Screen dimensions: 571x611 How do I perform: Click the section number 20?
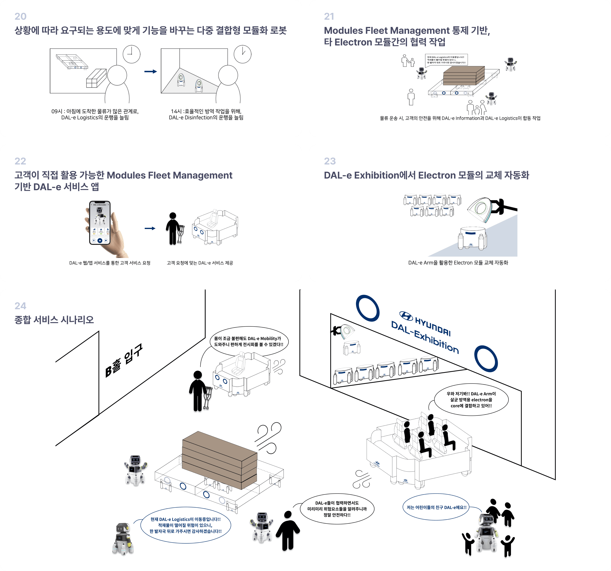pyautogui.click(x=20, y=16)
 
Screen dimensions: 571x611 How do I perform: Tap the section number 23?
pyautogui.click(x=330, y=161)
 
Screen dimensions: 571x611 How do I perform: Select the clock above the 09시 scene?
pyautogui.click(x=131, y=54)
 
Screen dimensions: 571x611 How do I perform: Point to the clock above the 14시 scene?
pyautogui.click(x=243, y=54)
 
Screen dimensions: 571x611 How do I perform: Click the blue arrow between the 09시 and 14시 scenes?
pyautogui.click(x=151, y=72)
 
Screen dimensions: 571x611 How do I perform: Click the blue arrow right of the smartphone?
pyautogui.click(x=150, y=228)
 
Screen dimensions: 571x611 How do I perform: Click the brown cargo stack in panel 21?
pyautogui.click(x=464, y=75)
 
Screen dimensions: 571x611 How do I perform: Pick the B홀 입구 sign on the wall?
pyautogui.click(x=124, y=360)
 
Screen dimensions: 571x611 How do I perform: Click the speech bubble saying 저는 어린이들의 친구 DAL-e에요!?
pyautogui.click(x=436, y=507)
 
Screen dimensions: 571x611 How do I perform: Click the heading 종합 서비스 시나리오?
pyautogui.click(x=54, y=320)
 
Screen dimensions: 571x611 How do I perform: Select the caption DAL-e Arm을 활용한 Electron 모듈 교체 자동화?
pyautogui.click(x=458, y=263)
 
